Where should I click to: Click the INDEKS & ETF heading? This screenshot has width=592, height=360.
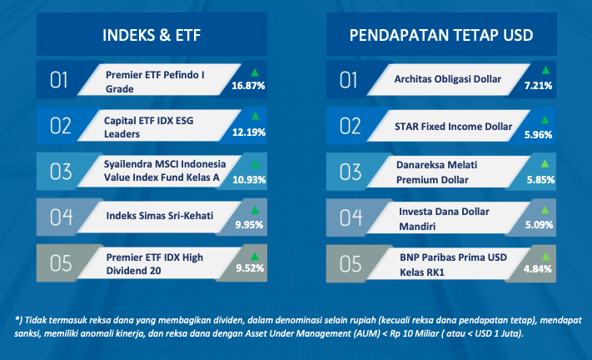[152, 35]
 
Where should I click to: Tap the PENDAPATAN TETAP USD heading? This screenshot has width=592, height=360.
[441, 35]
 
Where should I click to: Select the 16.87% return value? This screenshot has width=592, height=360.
[248, 86]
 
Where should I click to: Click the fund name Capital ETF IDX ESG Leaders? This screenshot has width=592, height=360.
[149, 127]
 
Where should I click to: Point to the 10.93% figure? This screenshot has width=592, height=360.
[249, 179]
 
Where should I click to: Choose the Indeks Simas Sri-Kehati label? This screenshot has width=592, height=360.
[160, 216]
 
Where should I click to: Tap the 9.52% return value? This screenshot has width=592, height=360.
[250, 268]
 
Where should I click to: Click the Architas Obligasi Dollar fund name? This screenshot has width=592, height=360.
[448, 79]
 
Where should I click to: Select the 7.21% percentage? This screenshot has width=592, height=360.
[538, 86]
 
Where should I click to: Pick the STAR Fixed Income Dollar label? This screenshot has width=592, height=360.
[454, 127]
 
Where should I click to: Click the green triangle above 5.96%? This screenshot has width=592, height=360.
[545, 120]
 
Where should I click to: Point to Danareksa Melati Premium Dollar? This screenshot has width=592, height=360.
[437, 172]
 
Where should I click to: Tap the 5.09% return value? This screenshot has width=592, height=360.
[540, 225]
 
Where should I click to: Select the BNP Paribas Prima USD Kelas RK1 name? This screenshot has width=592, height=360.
[453, 265]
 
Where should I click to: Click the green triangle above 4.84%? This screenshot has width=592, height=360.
[545, 257]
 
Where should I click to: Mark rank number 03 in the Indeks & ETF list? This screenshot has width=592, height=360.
[61, 172]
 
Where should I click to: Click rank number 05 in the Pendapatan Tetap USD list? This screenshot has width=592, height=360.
[351, 263]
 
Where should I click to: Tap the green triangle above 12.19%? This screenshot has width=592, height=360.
[256, 116]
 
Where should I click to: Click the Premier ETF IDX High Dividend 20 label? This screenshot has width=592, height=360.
[154, 264]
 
